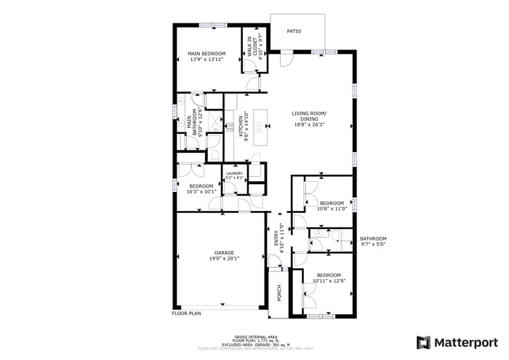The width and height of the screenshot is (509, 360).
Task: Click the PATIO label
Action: click(293, 31)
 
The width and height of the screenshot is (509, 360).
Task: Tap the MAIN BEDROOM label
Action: click(207, 54)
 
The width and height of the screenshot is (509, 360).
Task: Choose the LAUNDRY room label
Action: click(233, 173)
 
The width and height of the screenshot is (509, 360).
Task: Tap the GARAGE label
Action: click(224, 252)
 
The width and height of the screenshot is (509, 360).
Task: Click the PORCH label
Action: click(279, 293)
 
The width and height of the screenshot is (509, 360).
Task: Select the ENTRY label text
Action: click(276, 239)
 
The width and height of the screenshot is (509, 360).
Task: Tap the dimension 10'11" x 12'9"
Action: click(328, 281)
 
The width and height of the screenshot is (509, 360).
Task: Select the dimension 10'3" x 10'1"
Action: click(201, 192)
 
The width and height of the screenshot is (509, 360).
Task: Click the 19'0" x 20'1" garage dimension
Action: click(224, 258)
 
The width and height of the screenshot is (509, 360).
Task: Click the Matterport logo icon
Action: click(423, 342)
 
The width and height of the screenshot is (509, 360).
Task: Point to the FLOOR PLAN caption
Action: click(185, 313)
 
